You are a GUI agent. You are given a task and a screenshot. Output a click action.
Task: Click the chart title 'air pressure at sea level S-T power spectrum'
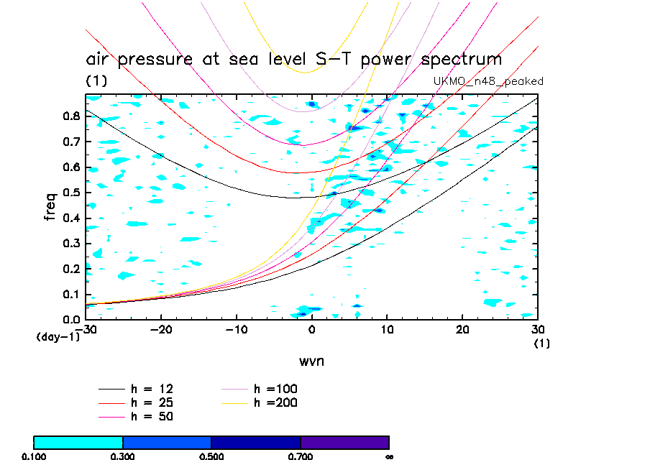[293, 59]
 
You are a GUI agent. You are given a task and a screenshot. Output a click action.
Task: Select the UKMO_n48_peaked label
[488, 81]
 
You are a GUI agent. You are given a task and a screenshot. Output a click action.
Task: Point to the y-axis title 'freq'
[51, 206]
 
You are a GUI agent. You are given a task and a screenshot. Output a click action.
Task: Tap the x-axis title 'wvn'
[311, 361]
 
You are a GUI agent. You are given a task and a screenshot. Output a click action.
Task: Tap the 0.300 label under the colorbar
[123, 456]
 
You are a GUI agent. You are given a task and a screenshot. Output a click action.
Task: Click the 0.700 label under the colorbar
[301, 456]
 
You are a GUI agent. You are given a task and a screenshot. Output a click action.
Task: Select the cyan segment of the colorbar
[78, 442]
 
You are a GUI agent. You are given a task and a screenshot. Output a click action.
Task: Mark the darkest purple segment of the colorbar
[344, 442]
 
